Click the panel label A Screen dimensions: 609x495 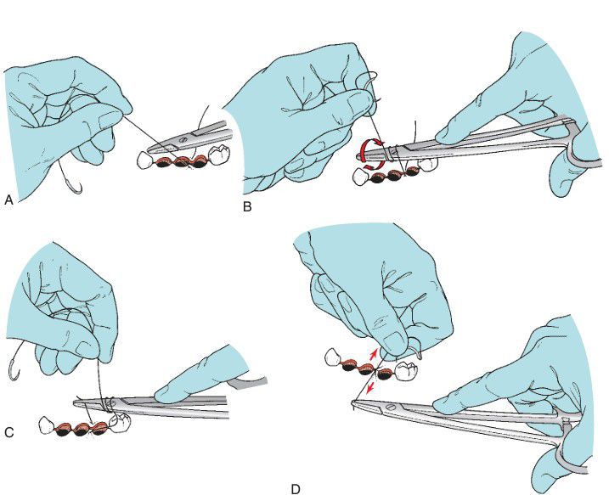click(8, 200)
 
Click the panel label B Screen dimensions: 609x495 click(247, 207)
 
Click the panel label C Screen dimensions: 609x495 click(9, 432)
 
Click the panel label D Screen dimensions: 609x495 click(296, 489)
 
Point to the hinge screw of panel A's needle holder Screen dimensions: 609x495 click(182, 139)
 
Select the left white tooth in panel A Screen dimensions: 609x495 click(145, 160)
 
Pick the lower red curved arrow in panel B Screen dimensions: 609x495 click(373, 167)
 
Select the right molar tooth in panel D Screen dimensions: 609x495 click(406, 370)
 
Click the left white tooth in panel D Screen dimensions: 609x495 click(334, 357)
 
